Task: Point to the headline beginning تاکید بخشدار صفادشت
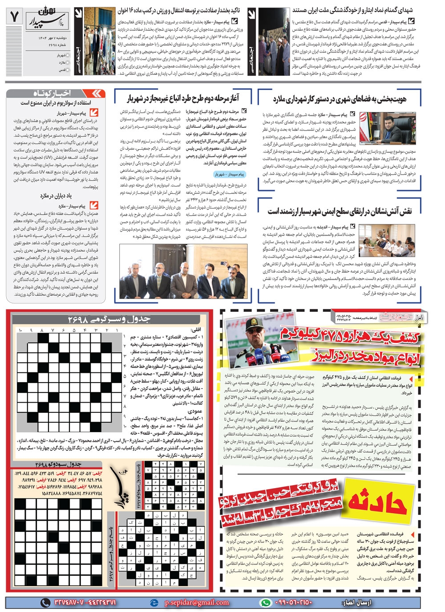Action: (179, 10)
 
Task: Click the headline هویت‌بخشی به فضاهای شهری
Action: (340, 99)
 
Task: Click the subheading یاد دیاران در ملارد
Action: (56, 195)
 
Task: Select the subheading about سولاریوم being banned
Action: (56, 103)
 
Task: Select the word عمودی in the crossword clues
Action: (195, 411)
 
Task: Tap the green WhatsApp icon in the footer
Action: (266, 602)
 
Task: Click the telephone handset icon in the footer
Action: (45, 602)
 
